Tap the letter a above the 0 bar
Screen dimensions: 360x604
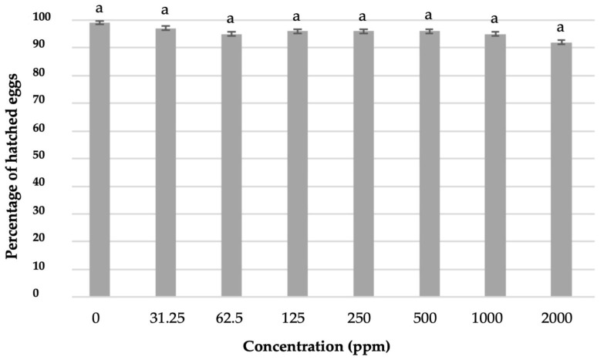coord(99,8)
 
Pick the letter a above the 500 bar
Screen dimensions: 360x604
coord(429,15)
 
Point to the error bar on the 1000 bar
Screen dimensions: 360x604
coord(495,34)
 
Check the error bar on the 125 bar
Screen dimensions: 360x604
coord(297,32)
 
